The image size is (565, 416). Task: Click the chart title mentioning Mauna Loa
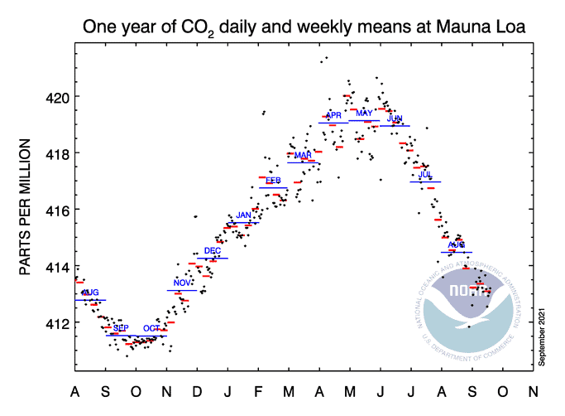[x=304, y=27]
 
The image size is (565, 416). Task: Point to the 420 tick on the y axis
[x=56, y=97]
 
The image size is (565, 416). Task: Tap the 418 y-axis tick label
[x=56, y=153]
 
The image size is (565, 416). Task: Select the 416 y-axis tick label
[x=56, y=210]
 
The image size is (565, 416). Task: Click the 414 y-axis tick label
[x=56, y=266]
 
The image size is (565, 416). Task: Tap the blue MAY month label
[x=364, y=114]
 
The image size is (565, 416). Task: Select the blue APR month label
[x=333, y=115]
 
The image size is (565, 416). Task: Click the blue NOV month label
[x=182, y=283]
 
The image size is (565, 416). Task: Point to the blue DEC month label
[x=213, y=251]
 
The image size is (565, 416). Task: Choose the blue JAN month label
[x=243, y=215]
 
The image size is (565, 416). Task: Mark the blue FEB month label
[x=274, y=181]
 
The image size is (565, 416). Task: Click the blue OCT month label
[x=151, y=329]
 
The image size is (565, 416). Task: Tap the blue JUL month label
[x=425, y=175]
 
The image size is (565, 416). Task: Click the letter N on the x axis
[x=532, y=391]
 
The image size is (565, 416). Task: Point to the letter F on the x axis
[x=257, y=391]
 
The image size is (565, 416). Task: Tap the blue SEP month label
[x=121, y=329]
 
